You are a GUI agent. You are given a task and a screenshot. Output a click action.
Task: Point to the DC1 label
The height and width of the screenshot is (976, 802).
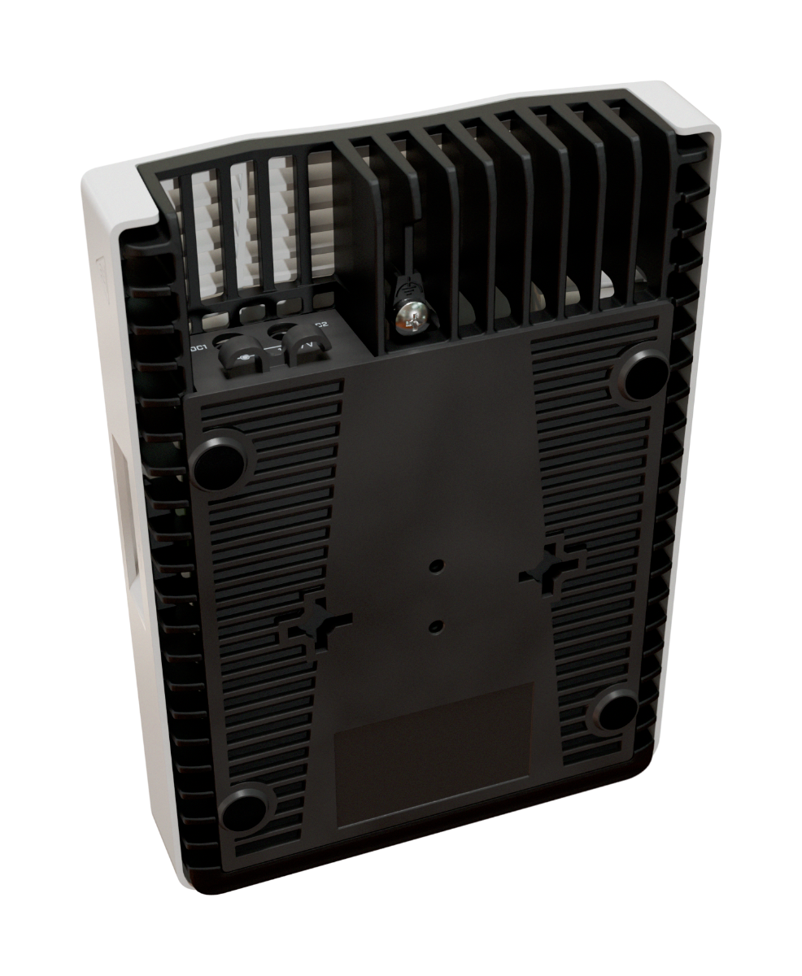pyautogui.click(x=198, y=347)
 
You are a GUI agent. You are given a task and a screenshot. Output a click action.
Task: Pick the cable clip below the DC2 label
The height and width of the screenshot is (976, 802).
pyautogui.click(x=303, y=347)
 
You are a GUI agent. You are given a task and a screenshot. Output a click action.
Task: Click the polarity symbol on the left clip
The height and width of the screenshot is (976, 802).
pyautogui.click(x=243, y=357)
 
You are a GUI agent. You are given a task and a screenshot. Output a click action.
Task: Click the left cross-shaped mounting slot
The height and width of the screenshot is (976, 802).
pyautogui.click(x=314, y=625)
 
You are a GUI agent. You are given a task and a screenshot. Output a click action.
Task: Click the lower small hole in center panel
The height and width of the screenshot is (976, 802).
pyautogui.click(x=436, y=625)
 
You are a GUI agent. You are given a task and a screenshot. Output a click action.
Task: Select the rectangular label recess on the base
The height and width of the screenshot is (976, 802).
pyautogui.click(x=434, y=755)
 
